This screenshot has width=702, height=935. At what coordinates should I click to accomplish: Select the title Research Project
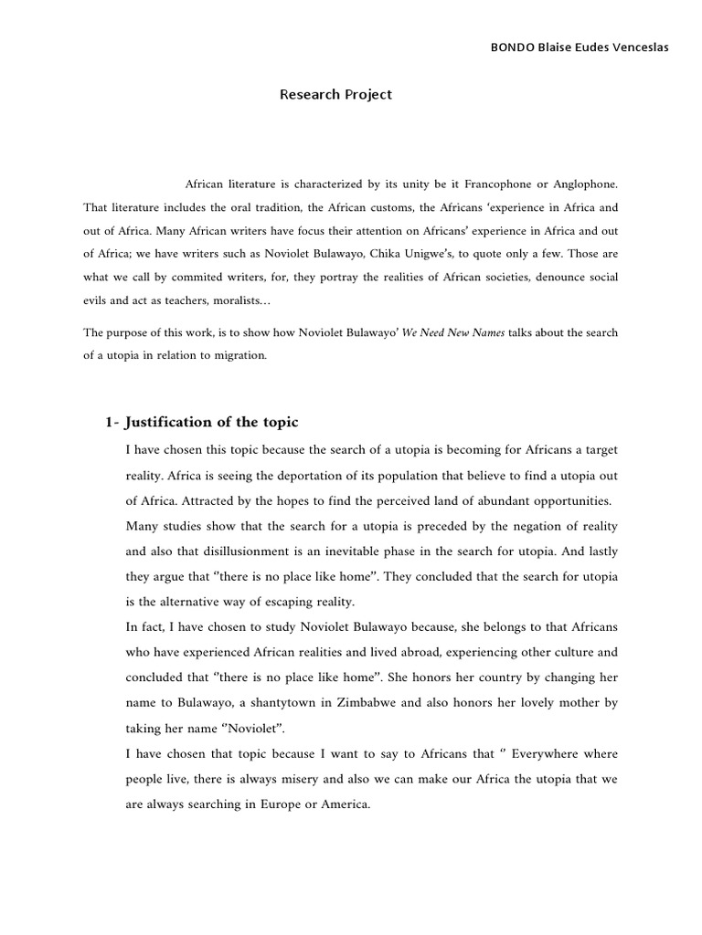pos(335,94)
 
